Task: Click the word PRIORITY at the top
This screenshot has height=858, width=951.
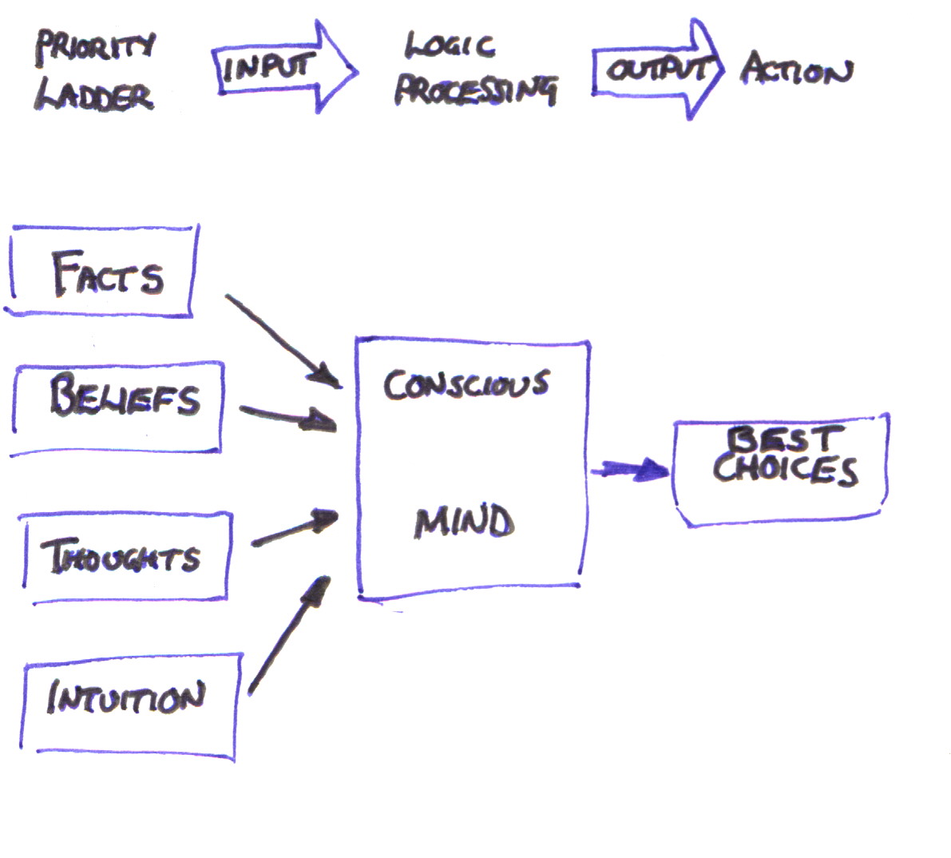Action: coord(94,48)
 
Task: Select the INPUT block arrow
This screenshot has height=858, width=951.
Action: coord(283,67)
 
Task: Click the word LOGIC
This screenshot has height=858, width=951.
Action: coord(449,46)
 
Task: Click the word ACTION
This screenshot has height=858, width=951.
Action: coord(795,70)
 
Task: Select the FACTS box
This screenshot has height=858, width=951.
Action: coord(101,272)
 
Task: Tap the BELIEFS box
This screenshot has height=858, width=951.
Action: coord(118,408)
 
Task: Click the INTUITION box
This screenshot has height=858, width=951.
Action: coord(128,702)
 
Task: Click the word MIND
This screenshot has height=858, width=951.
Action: coord(463,522)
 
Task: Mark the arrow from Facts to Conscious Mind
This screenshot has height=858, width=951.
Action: coord(283,340)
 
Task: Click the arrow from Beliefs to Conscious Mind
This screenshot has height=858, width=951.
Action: coord(287,417)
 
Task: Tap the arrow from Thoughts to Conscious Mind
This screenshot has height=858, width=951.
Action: coord(294,528)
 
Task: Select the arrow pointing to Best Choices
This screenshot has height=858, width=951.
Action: coord(630,471)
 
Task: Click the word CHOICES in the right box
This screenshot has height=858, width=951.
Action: coord(785,470)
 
